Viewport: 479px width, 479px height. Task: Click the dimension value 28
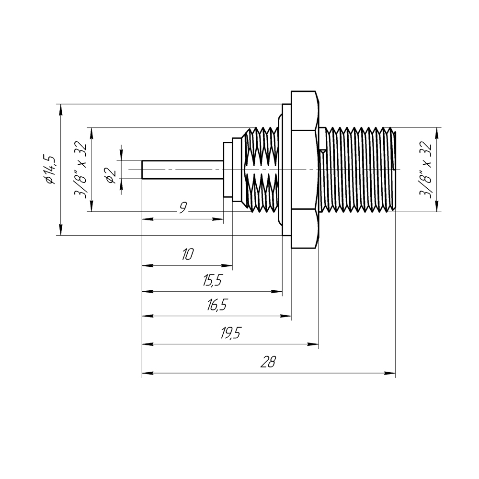(269, 362)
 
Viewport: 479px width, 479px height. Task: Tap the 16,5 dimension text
(217, 306)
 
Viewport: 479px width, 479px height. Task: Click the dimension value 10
(187, 254)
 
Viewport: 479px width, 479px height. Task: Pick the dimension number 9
(182, 208)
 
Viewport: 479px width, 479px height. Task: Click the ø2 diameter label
(110, 175)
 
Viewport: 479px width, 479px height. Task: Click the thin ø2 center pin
(182, 170)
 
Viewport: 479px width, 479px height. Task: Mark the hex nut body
(305, 170)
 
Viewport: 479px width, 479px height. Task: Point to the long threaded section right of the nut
(357, 170)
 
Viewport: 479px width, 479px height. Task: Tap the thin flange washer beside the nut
(286, 170)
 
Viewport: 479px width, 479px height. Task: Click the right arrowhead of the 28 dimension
(391, 372)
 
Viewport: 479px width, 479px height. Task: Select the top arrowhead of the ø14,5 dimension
(60, 108)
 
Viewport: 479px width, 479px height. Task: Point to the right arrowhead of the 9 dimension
(220, 219)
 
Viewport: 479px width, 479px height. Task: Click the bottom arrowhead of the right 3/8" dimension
(436, 207)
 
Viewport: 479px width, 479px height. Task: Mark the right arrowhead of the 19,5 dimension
(315, 344)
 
